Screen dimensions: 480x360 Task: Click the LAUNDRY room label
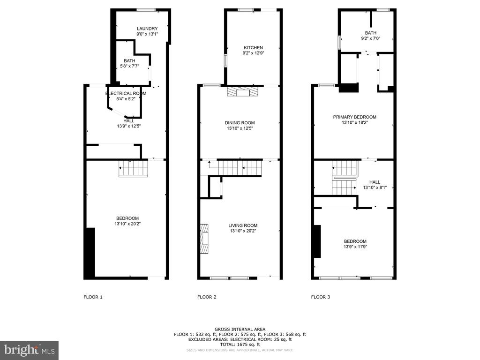147,29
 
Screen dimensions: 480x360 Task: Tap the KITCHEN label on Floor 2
253,48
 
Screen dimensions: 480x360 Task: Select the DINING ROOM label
240,123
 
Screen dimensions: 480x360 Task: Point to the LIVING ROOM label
243,225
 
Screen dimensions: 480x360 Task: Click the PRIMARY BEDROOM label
354,117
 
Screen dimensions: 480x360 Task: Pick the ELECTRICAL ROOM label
126,93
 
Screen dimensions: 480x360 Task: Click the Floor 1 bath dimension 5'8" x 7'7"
129,66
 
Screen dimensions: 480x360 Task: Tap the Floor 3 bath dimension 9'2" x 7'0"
371,38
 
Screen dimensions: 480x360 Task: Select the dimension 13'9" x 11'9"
355,247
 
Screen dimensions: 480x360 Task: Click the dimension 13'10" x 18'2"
354,122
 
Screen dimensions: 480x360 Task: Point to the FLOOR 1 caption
93,297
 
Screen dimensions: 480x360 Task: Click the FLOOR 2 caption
207,297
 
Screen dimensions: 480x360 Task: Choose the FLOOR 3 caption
321,297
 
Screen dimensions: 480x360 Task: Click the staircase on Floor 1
134,168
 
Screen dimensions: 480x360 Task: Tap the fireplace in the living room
204,239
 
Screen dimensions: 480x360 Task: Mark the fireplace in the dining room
243,92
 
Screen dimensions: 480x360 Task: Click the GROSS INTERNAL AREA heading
240,330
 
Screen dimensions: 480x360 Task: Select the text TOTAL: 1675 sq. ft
240,345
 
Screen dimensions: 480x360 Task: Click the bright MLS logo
30,350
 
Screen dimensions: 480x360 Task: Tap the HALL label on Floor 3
375,182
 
